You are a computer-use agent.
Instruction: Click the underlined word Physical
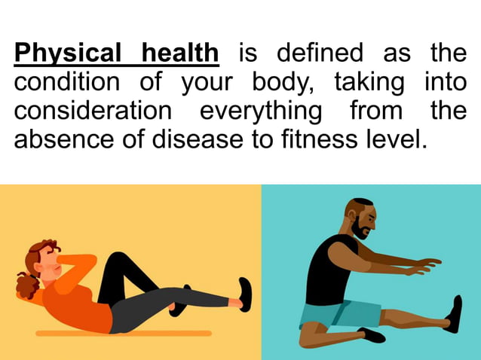(66, 53)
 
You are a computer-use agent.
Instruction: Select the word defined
(319, 53)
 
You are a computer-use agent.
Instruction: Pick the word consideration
(93, 110)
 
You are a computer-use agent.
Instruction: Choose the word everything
(261, 110)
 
